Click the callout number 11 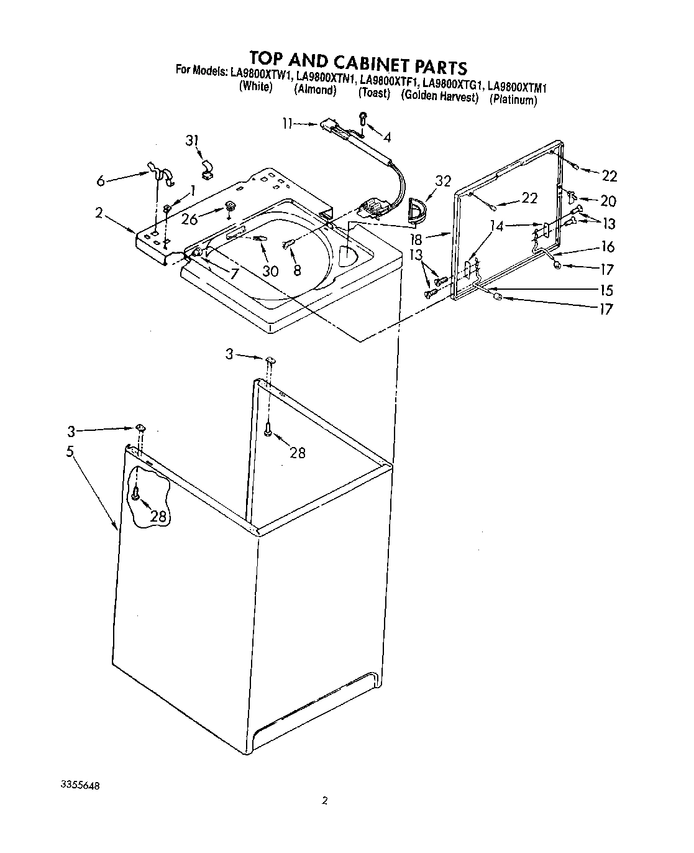[x=286, y=124]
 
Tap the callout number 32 [x=442, y=182]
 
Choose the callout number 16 [x=608, y=247]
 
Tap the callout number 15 [x=606, y=290]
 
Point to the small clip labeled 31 [x=206, y=169]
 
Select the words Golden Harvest [x=440, y=96]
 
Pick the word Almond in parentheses [x=315, y=90]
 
